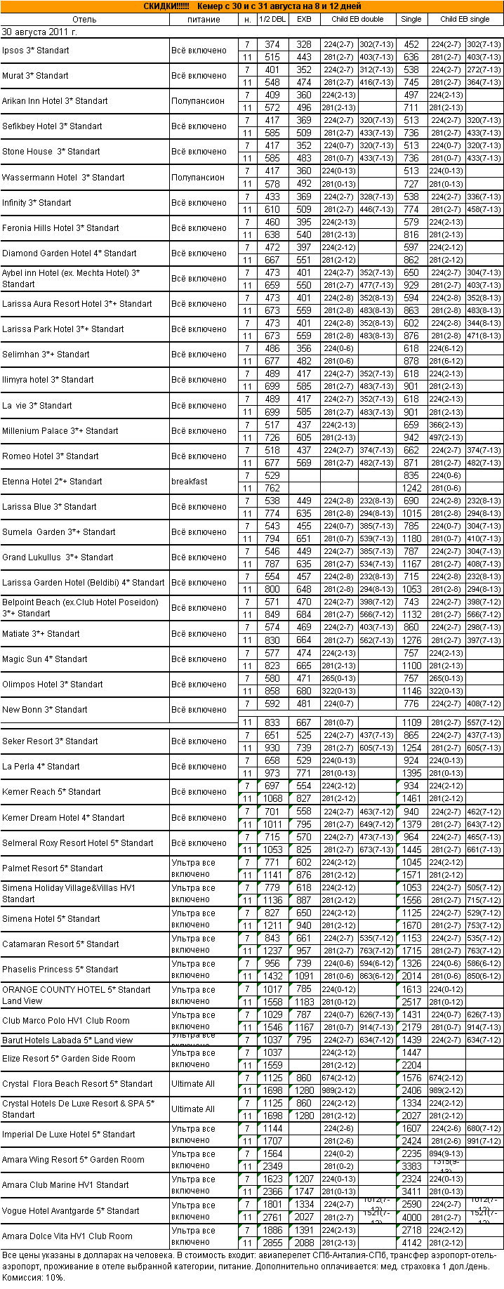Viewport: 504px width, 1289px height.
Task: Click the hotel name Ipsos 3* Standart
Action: pos(36,51)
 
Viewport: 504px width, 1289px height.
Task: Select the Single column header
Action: pos(411,19)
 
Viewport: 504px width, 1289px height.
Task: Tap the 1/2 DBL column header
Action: pos(272,19)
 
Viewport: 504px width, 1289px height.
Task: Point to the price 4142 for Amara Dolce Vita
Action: pos(411,1242)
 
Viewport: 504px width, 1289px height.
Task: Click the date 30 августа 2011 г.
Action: pos(40,32)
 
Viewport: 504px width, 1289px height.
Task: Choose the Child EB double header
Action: pos(357,19)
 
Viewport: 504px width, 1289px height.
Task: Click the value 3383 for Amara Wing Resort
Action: pos(411,1166)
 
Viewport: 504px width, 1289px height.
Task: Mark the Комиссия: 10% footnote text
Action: pos(34,1278)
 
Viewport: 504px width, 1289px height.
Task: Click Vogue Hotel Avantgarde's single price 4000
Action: pos(411,1217)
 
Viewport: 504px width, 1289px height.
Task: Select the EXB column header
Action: pos(304,19)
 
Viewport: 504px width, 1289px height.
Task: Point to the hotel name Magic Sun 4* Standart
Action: pos(45,659)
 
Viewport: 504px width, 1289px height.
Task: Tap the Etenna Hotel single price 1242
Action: pos(411,488)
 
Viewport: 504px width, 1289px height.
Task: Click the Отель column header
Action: pos(84,19)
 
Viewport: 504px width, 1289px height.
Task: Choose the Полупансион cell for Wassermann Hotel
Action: pos(198,178)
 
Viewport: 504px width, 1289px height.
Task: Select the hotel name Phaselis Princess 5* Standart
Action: pos(60,970)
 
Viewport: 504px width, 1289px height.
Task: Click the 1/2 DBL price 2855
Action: pos(272,1242)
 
